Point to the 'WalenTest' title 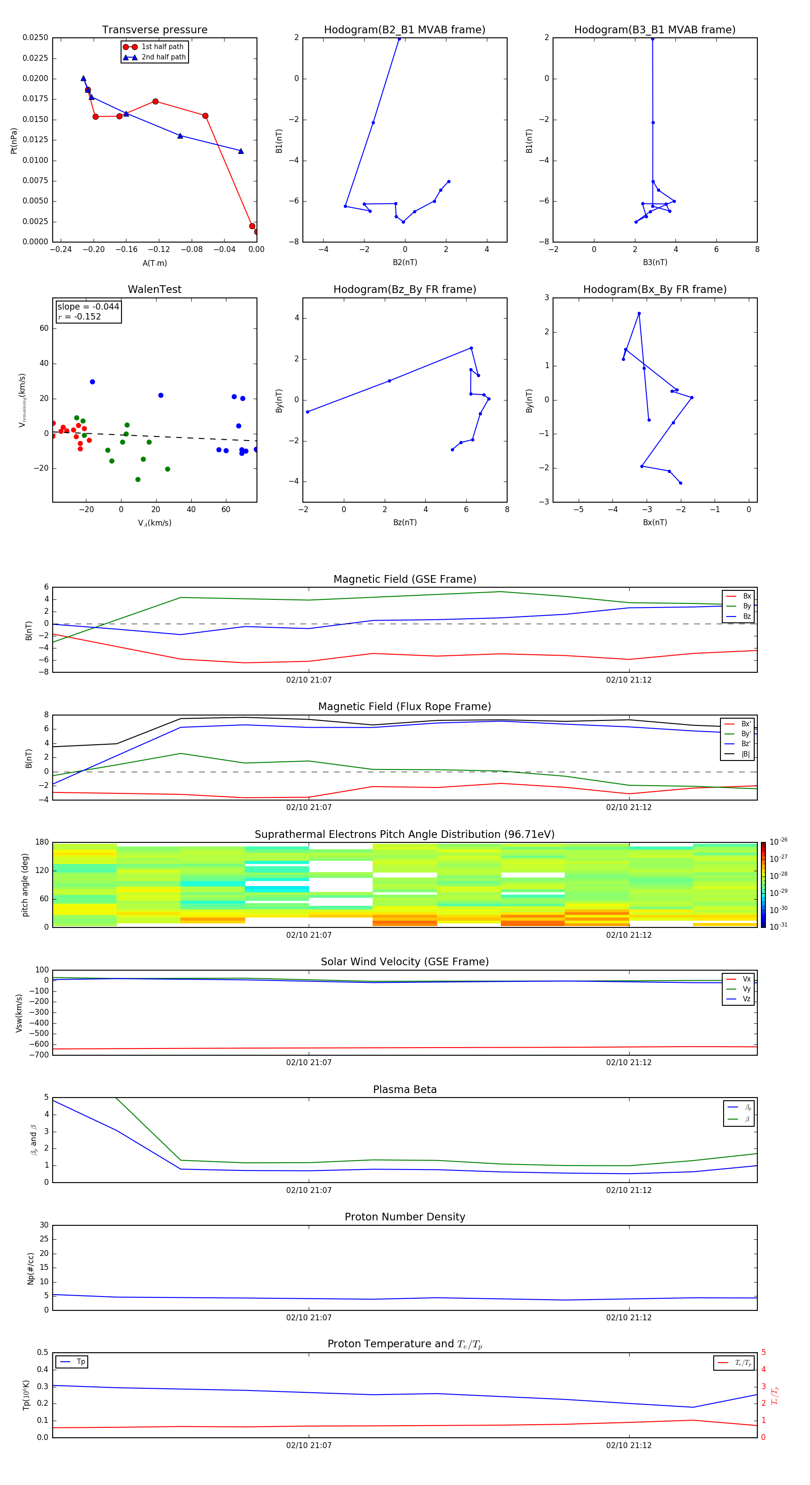coord(154,289)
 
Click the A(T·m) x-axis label coord(154,263)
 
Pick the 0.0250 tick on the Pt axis coord(35,37)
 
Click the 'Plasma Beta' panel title coord(405,1089)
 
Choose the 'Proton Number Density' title coord(405,1217)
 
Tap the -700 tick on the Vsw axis coord(38,1055)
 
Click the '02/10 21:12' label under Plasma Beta coord(628,1190)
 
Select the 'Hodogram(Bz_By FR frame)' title coord(405,289)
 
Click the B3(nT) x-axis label coord(655,262)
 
